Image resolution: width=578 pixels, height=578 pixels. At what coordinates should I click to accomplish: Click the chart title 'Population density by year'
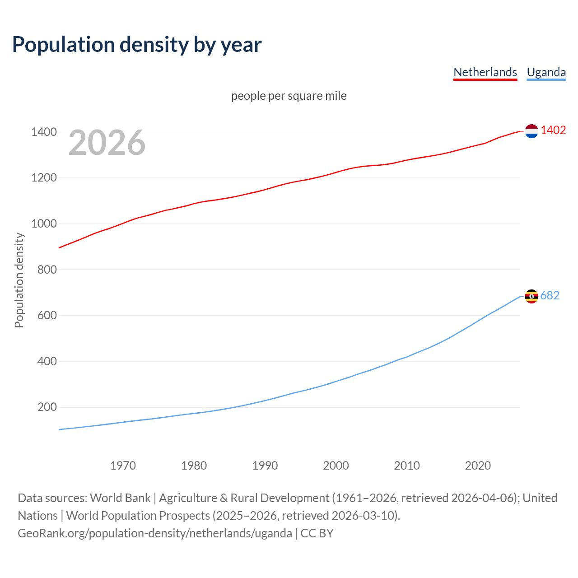click(137, 45)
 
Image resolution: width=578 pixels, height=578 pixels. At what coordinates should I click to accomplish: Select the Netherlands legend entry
click(485, 72)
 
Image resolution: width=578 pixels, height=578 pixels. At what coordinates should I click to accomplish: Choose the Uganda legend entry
click(546, 72)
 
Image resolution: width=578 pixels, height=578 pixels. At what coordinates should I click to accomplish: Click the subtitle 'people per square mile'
click(289, 96)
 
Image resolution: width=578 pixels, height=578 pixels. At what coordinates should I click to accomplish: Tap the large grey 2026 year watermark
click(107, 143)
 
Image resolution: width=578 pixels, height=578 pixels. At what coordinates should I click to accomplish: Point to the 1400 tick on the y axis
click(44, 132)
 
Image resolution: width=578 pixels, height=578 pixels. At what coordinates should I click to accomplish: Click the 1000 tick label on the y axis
click(44, 224)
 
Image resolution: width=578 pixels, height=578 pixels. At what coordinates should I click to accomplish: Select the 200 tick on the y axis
click(47, 407)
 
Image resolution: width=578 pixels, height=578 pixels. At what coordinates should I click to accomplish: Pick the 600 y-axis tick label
click(47, 316)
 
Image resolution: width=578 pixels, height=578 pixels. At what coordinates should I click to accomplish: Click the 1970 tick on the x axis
click(123, 466)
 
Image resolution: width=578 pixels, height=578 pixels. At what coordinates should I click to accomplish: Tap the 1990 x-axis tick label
click(265, 466)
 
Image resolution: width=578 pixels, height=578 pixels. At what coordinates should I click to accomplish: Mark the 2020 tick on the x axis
click(478, 466)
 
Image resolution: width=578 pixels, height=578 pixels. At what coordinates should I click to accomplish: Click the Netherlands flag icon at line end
click(531, 131)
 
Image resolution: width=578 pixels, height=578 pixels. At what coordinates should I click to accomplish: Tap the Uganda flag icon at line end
click(531, 296)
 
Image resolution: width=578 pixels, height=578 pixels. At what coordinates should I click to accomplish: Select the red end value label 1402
click(553, 131)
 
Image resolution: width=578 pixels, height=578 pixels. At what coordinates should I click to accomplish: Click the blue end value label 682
click(550, 296)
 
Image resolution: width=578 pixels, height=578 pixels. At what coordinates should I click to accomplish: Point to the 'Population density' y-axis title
click(19, 280)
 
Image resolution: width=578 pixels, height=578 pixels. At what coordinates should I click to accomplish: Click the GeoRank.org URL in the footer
click(154, 533)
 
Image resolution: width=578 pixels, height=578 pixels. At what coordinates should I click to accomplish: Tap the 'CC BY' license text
click(317, 533)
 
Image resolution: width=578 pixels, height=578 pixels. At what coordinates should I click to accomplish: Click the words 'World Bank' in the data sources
click(120, 498)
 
